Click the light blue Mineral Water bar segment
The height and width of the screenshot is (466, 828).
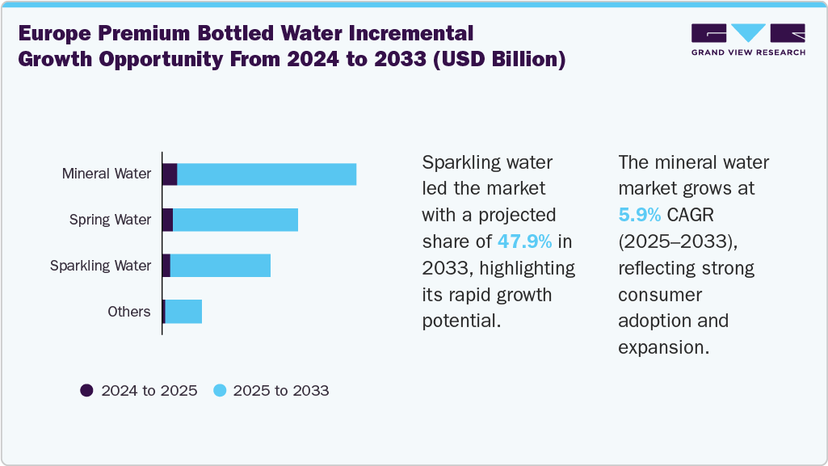(x=267, y=174)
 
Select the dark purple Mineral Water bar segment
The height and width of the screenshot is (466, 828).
(x=170, y=174)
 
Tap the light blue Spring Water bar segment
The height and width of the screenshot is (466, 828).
(x=235, y=220)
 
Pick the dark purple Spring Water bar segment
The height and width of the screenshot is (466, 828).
(x=167, y=220)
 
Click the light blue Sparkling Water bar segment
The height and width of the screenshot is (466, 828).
(x=220, y=266)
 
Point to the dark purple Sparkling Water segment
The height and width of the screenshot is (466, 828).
(x=166, y=266)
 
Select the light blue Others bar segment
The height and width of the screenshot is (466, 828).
(x=183, y=312)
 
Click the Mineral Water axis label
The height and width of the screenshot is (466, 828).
(x=106, y=174)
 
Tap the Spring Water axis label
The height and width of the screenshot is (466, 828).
(x=110, y=220)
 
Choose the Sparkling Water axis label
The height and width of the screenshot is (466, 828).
(x=100, y=266)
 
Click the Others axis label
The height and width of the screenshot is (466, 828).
(x=128, y=312)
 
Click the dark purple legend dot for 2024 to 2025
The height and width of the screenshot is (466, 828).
(x=86, y=391)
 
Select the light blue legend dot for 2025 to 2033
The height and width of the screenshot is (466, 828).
(x=219, y=391)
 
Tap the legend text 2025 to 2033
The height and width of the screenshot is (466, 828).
(x=280, y=391)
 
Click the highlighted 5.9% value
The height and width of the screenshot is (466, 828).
(x=640, y=216)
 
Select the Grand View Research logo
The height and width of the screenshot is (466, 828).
(x=747, y=39)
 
